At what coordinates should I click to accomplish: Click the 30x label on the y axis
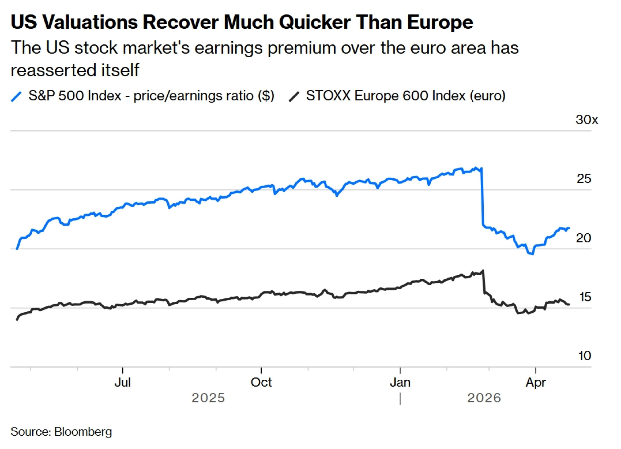(586, 120)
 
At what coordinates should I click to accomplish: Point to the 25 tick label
(584, 179)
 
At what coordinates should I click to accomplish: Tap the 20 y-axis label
(583, 238)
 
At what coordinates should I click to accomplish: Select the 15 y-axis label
(585, 297)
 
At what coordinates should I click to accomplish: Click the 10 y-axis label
(584, 356)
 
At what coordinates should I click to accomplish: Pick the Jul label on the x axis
(123, 382)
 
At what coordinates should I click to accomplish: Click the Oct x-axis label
(261, 382)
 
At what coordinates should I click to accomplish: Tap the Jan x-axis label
(400, 382)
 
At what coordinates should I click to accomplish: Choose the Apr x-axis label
(536, 382)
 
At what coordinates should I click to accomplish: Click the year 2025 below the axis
(208, 398)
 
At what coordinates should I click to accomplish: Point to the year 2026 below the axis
(484, 398)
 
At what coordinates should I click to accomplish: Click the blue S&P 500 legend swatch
(16, 96)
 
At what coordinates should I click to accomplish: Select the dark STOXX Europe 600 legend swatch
(294, 96)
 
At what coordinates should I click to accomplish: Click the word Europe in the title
(440, 22)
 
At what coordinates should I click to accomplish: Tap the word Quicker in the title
(315, 22)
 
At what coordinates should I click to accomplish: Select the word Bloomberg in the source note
(83, 432)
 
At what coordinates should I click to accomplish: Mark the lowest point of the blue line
(533, 254)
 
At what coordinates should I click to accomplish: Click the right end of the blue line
(569, 228)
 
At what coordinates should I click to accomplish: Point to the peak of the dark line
(483, 271)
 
